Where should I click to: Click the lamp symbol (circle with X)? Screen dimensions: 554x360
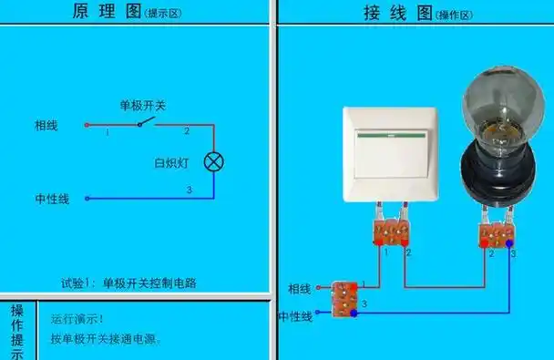[213, 163]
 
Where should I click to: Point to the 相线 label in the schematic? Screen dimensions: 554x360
[46, 125]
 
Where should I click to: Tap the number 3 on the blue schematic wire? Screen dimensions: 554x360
[189, 190]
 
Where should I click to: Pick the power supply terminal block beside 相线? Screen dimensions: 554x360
[344, 301]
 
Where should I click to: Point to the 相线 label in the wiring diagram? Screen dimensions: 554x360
[300, 289]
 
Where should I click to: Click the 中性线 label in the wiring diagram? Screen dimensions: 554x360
[295, 315]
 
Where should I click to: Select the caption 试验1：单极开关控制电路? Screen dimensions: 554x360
[128, 283]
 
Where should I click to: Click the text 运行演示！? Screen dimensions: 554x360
[77, 319]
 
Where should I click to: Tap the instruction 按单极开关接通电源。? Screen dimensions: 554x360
[106, 339]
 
